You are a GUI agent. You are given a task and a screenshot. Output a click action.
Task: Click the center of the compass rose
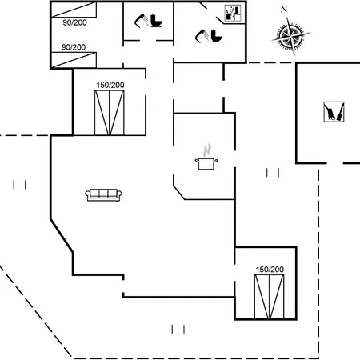click(290, 35)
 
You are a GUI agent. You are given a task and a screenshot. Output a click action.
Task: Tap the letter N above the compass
click(284, 10)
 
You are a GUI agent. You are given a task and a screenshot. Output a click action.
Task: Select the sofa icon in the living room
click(103, 194)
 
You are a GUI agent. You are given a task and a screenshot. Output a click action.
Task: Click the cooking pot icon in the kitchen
click(206, 163)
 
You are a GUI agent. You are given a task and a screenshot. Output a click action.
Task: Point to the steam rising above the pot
click(207, 150)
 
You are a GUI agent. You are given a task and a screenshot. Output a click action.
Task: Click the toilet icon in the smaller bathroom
click(156, 21)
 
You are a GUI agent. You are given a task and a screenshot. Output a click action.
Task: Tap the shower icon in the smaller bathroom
click(142, 20)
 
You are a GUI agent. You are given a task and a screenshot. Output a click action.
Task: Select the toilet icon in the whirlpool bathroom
click(217, 36)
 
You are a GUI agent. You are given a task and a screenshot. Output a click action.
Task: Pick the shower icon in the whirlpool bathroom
click(202, 36)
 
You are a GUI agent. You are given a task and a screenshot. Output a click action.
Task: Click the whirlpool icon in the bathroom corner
click(233, 13)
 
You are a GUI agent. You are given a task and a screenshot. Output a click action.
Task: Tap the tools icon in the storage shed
click(334, 112)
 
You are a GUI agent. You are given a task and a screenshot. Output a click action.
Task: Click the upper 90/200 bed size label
click(74, 22)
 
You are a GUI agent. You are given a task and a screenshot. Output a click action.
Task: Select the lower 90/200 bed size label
click(74, 47)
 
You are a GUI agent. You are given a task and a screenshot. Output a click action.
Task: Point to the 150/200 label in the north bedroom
click(110, 86)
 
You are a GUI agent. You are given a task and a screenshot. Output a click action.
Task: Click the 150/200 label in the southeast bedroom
click(270, 270)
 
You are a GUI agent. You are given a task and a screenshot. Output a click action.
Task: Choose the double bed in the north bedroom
click(110, 113)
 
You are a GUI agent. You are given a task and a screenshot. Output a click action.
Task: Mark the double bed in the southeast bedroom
click(269, 297)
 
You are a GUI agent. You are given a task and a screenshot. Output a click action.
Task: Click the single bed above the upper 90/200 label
click(74, 10)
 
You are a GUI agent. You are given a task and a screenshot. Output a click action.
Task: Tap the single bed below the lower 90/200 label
click(74, 60)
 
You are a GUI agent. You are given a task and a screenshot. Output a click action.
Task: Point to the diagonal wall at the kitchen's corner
click(179, 193)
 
